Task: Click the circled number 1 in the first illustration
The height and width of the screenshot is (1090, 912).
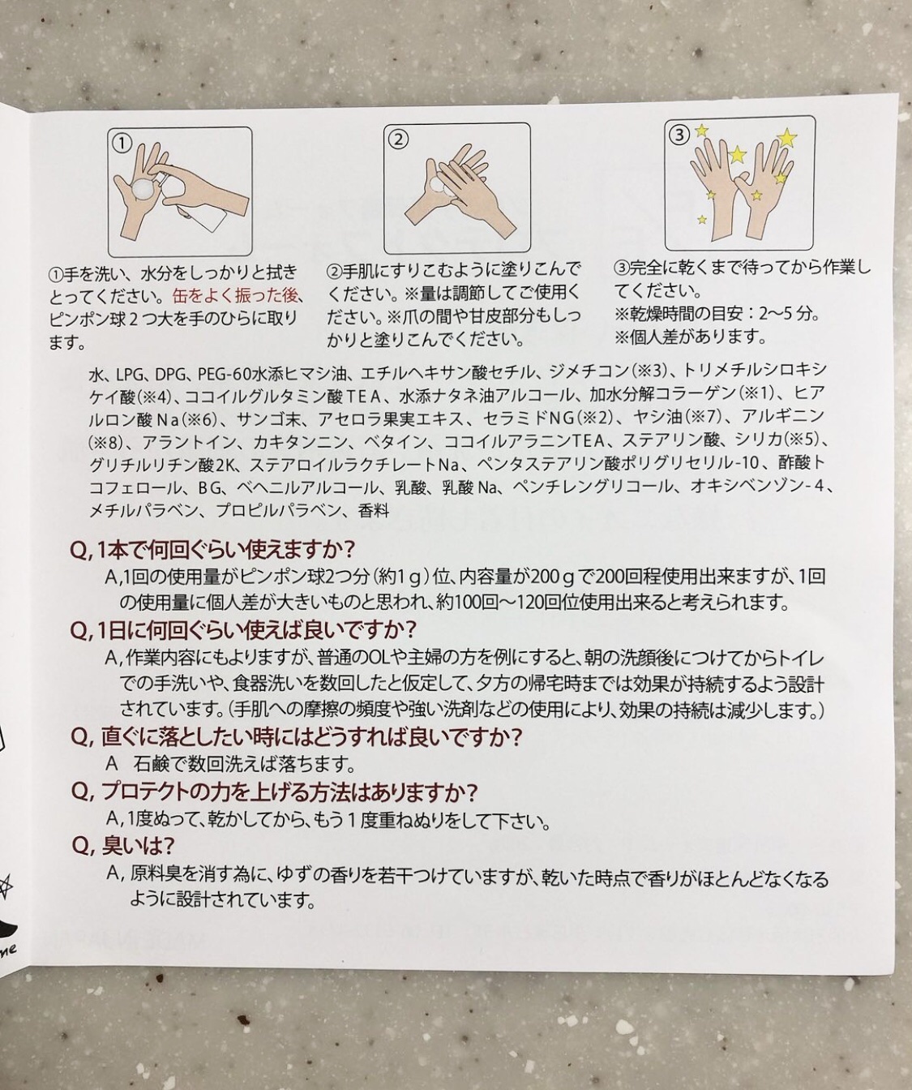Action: [122, 143]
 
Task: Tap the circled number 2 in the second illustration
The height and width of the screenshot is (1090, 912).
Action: [398, 139]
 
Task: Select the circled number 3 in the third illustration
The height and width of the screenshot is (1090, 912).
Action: [679, 135]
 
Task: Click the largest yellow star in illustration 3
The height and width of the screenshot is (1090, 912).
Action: [786, 137]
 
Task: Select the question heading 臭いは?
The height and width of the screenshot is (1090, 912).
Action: [122, 846]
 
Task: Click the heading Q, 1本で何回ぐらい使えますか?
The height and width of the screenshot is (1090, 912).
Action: [213, 550]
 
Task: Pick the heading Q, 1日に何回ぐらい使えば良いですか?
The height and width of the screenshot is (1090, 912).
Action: [244, 631]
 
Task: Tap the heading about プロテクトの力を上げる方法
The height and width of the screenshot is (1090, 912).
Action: [275, 792]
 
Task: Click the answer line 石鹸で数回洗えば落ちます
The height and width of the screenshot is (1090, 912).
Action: [244, 765]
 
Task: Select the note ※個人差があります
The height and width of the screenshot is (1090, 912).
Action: [690, 337]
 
